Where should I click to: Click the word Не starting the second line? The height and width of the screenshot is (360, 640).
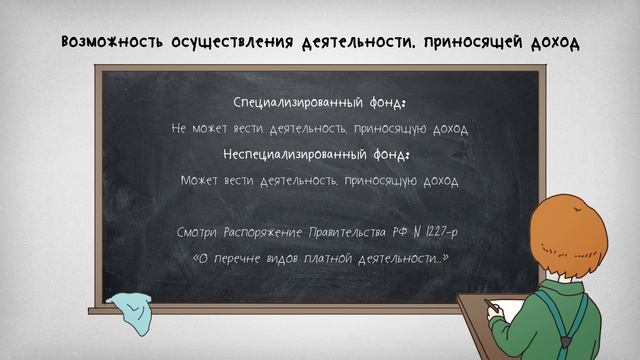(x=179, y=129)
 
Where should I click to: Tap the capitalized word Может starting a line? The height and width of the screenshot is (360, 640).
(x=200, y=181)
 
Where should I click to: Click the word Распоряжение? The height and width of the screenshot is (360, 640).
(x=268, y=232)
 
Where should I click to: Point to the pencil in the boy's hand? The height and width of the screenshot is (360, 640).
(x=490, y=303)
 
